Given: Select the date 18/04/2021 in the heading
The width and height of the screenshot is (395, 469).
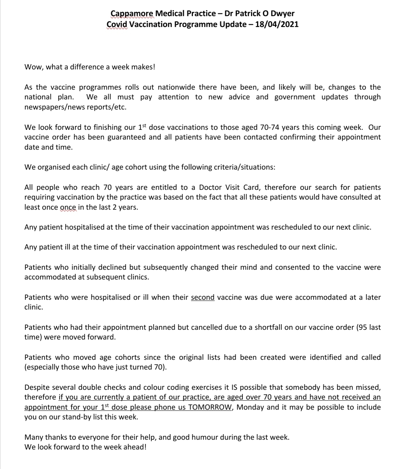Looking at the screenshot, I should pyautogui.click(x=277, y=25).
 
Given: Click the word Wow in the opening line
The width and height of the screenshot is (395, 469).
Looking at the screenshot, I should pyautogui.click(x=33, y=67).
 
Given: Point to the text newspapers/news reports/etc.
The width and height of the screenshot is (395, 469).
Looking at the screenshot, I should pyautogui.click(x=66, y=107).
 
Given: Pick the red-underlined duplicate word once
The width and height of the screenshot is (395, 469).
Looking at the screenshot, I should pyautogui.click(x=68, y=207).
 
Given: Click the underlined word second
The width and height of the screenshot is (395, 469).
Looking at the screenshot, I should pyautogui.click(x=203, y=297).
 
